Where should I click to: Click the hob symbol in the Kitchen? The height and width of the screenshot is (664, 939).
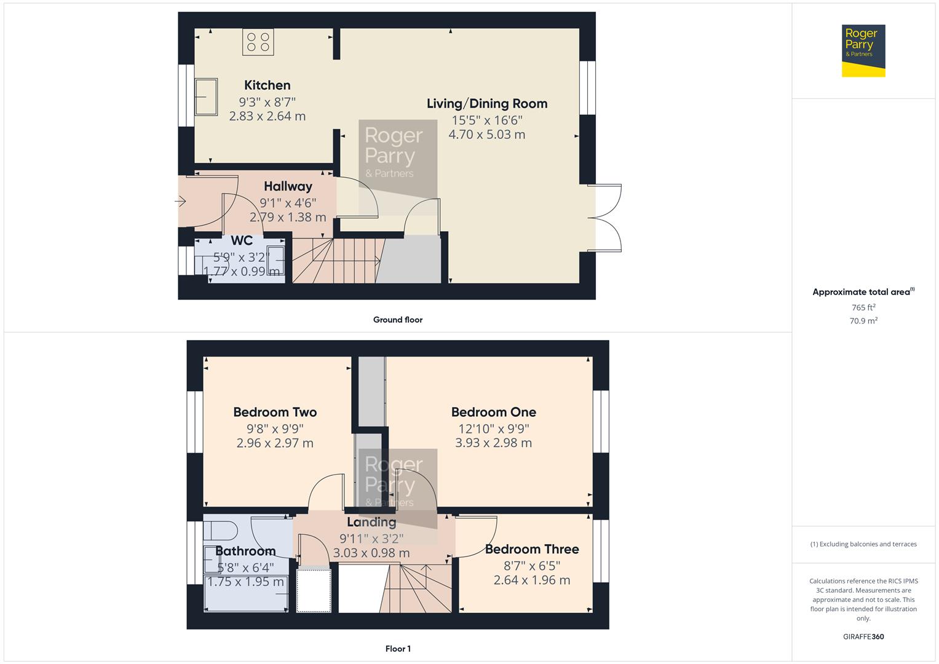tap(258, 42)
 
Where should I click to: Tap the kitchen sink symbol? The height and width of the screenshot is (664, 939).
tap(206, 97)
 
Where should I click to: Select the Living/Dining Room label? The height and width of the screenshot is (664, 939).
tap(487, 104)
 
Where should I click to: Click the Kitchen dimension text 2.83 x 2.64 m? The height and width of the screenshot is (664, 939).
tap(267, 116)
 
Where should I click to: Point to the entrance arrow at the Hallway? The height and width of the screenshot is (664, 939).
tap(180, 200)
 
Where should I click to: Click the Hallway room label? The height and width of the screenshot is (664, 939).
tap(288, 186)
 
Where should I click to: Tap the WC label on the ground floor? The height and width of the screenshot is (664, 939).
tap(242, 241)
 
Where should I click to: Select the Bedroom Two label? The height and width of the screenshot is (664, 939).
tap(275, 412)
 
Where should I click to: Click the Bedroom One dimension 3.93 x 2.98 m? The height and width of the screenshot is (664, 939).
tap(493, 443)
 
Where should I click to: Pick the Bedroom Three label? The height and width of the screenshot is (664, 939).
tap(532, 549)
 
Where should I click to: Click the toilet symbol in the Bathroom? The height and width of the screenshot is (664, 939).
tap(221, 529)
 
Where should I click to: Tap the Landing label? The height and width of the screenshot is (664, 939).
tap(371, 522)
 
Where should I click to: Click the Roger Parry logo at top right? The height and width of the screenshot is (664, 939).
tap(863, 50)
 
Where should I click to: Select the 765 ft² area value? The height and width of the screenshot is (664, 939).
tap(863, 307)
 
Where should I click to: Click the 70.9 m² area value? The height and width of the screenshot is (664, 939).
tap(863, 321)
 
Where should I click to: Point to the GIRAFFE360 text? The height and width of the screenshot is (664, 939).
tap(863, 636)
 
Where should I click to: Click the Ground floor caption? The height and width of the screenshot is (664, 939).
tap(398, 320)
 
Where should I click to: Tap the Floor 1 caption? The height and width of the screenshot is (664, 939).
tap(398, 649)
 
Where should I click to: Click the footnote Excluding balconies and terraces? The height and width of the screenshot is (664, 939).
tap(863, 544)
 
